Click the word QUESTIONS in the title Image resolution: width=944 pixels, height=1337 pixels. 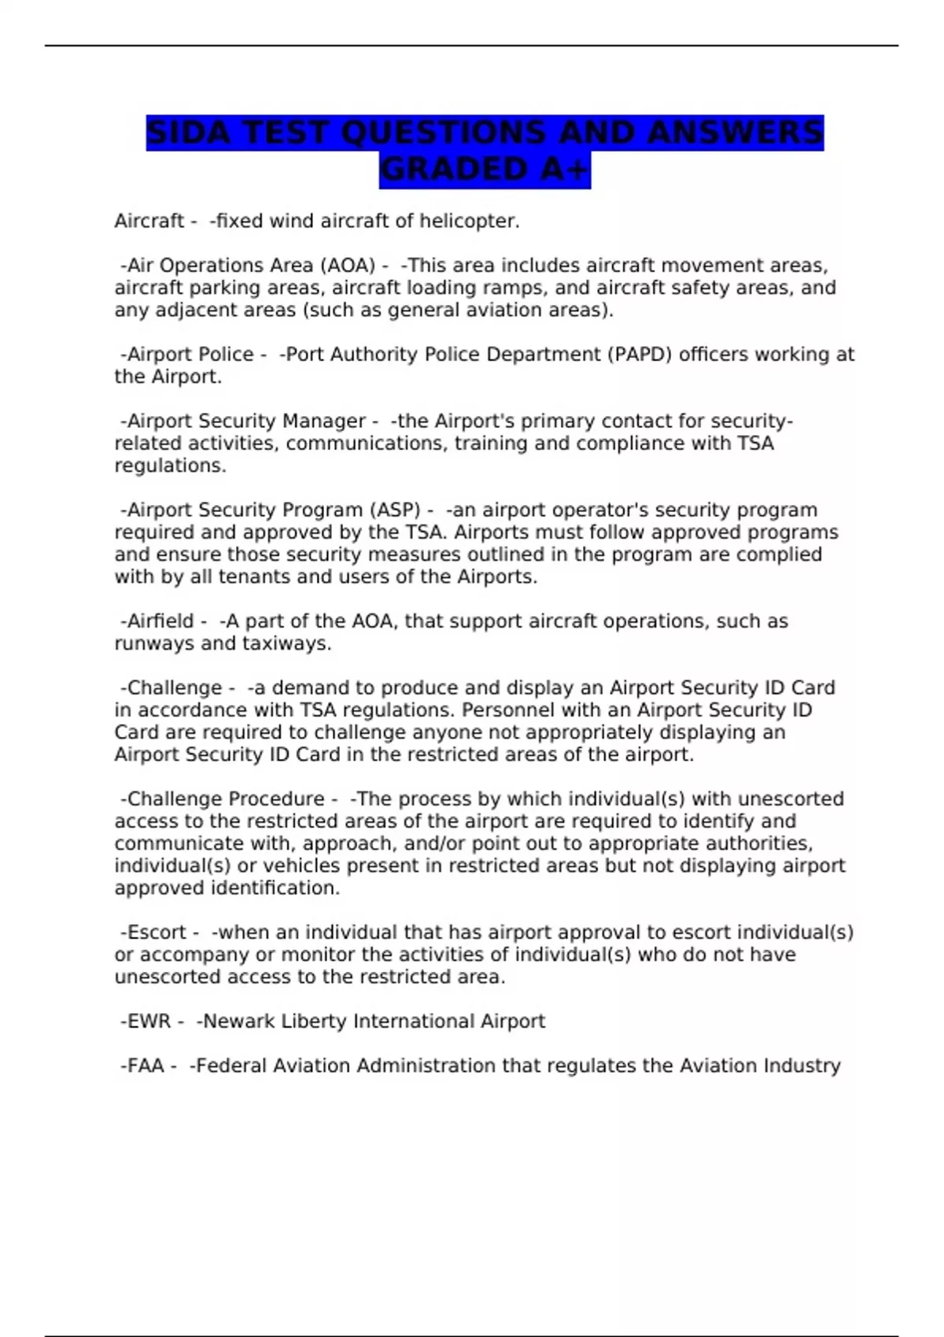click(444, 133)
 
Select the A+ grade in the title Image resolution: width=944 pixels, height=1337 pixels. click(565, 170)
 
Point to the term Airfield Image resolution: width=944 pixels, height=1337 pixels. click(160, 621)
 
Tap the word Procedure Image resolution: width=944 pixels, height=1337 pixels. click(275, 799)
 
